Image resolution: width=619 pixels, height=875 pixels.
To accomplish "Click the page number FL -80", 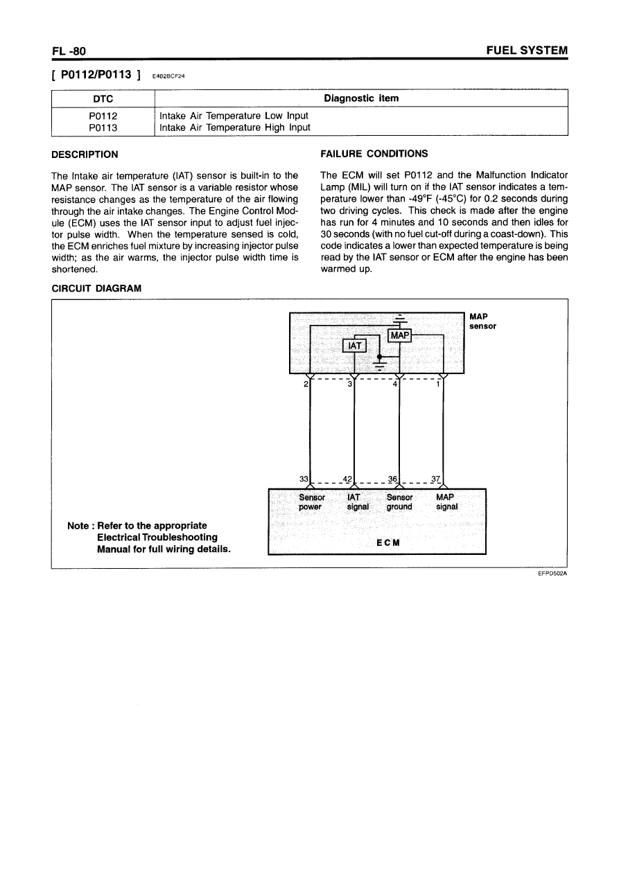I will [x=68, y=51].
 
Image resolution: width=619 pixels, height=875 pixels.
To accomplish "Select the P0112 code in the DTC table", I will [x=103, y=116].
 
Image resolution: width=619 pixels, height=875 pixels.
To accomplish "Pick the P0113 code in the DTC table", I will [x=103, y=127].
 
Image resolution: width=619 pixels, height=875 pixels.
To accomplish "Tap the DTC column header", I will [x=103, y=98].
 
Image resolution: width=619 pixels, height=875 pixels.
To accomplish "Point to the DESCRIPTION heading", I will [x=85, y=154].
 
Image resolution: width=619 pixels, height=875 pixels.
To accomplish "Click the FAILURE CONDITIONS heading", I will [x=374, y=154].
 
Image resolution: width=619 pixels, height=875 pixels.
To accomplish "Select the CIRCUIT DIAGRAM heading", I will [x=96, y=288].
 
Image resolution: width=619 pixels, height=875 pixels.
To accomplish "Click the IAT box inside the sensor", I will [x=354, y=345].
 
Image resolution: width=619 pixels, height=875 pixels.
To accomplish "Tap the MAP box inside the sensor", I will [x=400, y=335].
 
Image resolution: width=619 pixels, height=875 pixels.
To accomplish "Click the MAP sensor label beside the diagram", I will [x=482, y=321].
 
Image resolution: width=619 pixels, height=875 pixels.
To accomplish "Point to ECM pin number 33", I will [x=304, y=479].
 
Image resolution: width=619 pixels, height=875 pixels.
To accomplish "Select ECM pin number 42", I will [x=348, y=479].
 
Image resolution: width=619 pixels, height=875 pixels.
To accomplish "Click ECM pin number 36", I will [x=393, y=479].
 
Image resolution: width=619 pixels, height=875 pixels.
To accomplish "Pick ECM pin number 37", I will [x=435, y=479].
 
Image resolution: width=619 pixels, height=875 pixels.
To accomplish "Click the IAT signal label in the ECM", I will [x=358, y=502].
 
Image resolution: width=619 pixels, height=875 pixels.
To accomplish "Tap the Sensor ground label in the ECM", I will [x=399, y=502].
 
